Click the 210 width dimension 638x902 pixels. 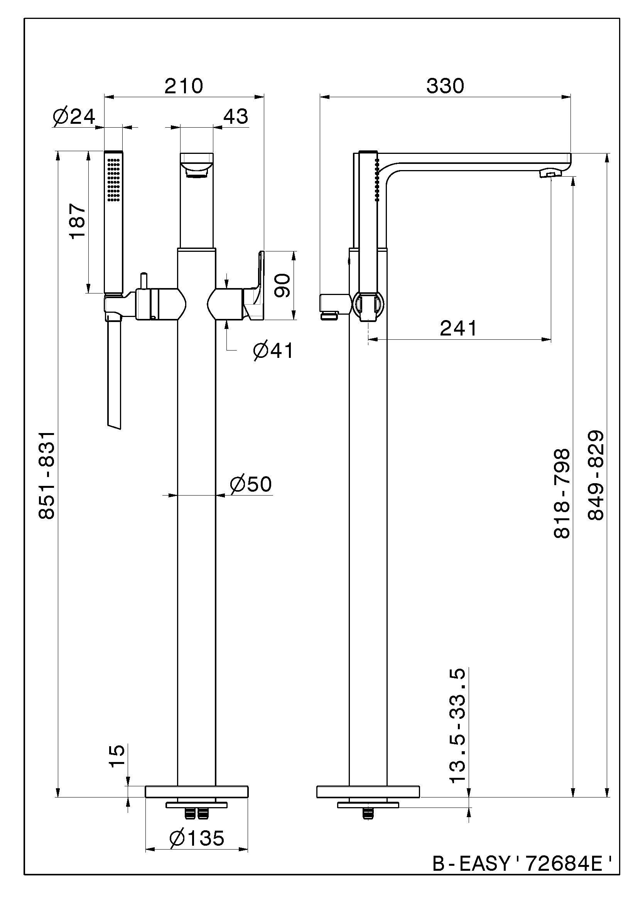pos(184,86)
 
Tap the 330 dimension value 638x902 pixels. pos(445,86)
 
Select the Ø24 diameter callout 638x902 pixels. pos(74,117)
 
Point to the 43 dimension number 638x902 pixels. pos(236,117)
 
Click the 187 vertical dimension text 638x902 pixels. pos(78,221)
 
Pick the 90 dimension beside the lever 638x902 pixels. pos(282,286)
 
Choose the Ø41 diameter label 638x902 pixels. pos(273,351)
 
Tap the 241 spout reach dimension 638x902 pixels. pos(458,328)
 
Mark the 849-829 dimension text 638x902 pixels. pos(595,476)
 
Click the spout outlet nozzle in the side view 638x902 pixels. pos(550,173)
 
